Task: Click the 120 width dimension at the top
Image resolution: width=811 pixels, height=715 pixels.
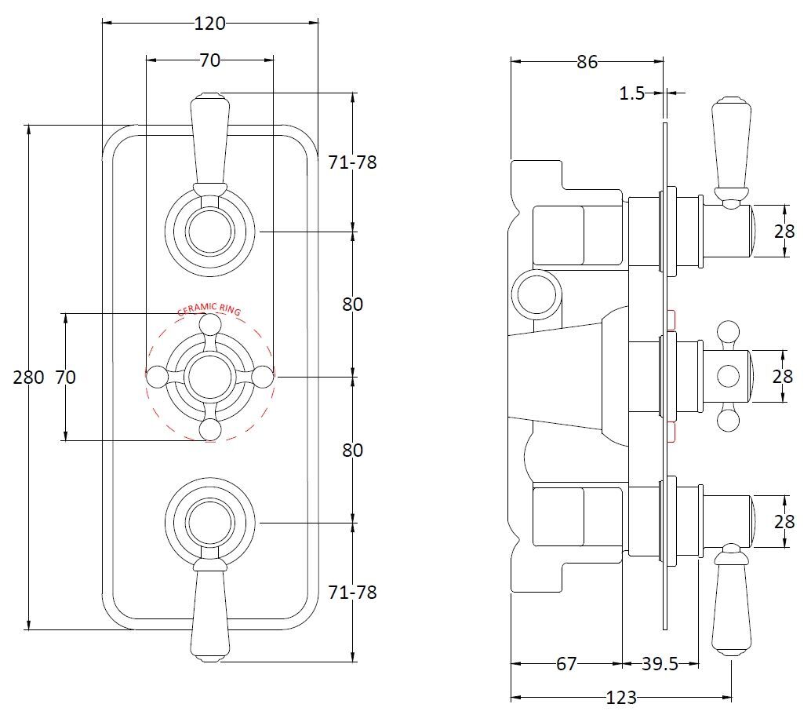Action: pyautogui.click(x=209, y=24)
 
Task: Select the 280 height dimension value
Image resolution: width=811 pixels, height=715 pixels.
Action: pyautogui.click(x=29, y=378)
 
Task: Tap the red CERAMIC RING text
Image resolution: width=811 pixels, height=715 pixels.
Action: pyautogui.click(x=209, y=310)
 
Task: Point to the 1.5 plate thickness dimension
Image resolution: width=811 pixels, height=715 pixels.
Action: pyautogui.click(x=631, y=93)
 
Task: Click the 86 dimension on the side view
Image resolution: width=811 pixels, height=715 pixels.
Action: pyautogui.click(x=587, y=62)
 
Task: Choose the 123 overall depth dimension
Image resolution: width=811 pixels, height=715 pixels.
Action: pyautogui.click(x=621, y=697)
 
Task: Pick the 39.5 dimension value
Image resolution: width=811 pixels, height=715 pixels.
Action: pyautogui.click(x=660, y=664)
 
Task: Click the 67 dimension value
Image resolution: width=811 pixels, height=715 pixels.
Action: pyautogui.click(x=566, y=664)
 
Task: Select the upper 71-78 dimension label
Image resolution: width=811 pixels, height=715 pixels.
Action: pyautogui.click(x=353, y=163)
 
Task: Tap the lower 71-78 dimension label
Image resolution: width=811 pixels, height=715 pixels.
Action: pyautogui.click(x=353, y=592)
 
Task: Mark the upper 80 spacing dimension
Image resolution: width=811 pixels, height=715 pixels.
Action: pyautogui.click(x=353, y=305)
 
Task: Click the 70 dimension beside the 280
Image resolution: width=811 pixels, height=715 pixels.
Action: pyautogui.click(x=66, y=378)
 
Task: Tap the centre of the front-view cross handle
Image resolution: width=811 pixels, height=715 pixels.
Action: pyautogui.click(x=209, y=377)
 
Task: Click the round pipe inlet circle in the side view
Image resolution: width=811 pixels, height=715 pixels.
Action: pyautogui.click(x=536, y=295)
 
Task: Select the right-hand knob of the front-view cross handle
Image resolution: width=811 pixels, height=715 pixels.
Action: pyautogui.click(x=264, y=377)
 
